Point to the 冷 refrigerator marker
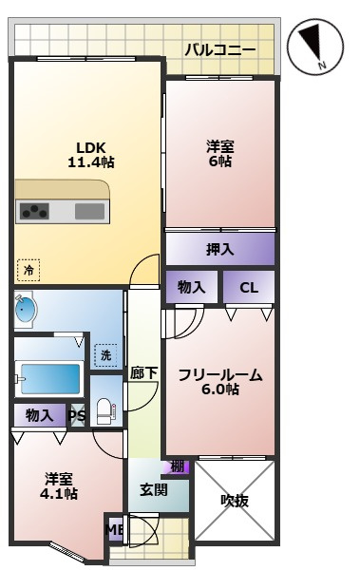point(28,271)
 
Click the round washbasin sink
point(27,310)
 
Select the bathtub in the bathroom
point(48,379)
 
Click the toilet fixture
point(106,411)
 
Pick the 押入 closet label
point(220,249)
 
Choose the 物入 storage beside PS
point(39,415)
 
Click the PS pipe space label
point(77,415)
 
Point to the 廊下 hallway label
point(143,374)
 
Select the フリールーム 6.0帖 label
point(220,383)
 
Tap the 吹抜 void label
point(235,500)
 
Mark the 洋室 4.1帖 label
point(59,485)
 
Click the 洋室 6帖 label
point(220,154)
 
